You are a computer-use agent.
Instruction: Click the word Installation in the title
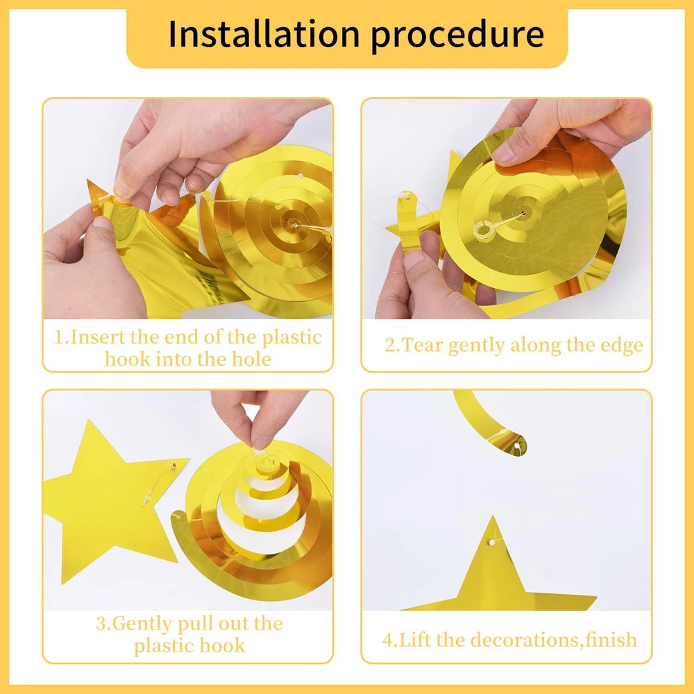[264, 34]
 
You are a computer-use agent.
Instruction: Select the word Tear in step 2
[423, 345]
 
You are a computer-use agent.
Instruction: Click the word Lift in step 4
[415, 640]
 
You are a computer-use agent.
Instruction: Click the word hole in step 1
[251, 359]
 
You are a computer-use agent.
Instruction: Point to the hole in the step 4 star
[492, 542]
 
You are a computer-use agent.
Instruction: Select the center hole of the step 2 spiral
[523, 214]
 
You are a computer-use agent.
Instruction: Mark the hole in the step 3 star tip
[173, 466]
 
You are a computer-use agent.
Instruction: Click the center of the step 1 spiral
[294, 224]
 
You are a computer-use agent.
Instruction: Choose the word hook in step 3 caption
[222, 645]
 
